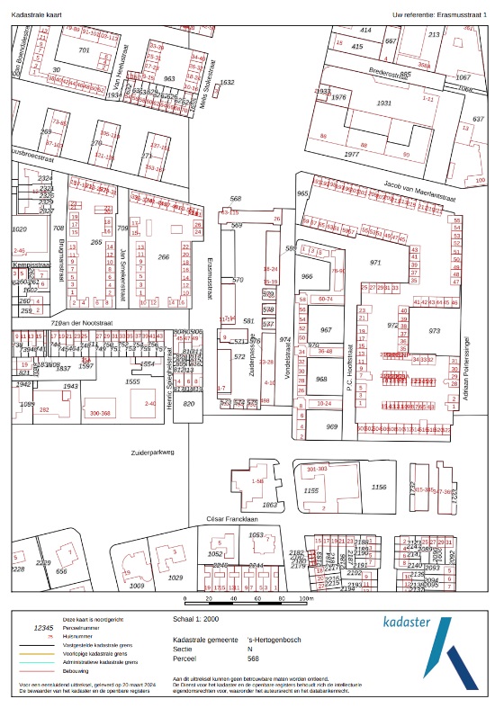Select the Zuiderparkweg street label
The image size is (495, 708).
[151, 453]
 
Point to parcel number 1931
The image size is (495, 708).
[384, 103]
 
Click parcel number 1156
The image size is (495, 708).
[379, 487]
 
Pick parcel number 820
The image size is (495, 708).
[189, 405]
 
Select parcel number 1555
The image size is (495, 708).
[132, 382]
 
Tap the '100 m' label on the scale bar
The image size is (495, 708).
[306, 598]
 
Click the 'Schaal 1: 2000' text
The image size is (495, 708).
[196, 620]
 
